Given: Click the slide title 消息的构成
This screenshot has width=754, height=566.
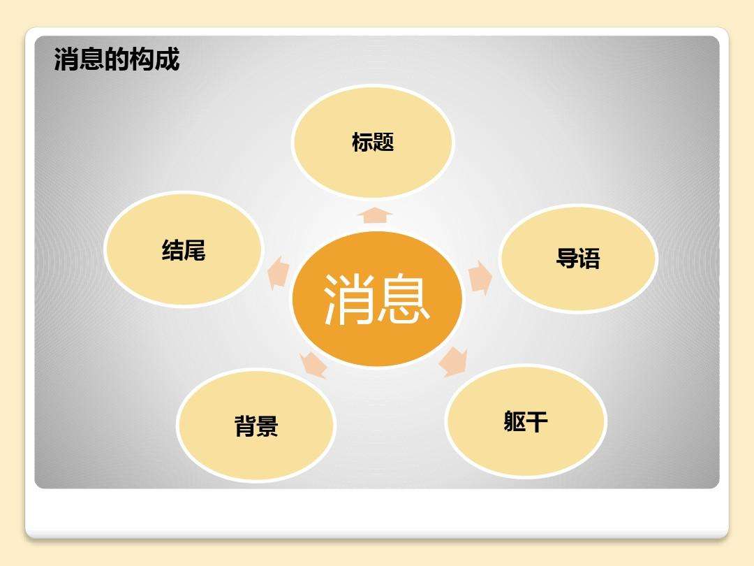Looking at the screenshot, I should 117,59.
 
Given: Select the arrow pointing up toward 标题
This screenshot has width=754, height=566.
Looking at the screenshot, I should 375,215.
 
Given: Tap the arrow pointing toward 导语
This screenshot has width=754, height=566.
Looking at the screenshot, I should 480,277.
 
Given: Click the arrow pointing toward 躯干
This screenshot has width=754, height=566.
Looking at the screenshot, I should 454,361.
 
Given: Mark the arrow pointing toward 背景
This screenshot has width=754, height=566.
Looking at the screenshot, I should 313,364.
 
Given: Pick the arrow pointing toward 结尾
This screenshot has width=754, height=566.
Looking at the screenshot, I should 279,273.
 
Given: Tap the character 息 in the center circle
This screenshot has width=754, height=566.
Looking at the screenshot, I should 404,298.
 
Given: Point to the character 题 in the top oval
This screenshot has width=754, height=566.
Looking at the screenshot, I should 384,142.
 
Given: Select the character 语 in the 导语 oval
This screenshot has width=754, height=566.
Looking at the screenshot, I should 589,259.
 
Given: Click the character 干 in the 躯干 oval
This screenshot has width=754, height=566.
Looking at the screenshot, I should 536,421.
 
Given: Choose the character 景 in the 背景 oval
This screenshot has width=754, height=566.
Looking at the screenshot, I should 267,426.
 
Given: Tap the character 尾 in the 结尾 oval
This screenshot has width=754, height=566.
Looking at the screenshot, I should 195,249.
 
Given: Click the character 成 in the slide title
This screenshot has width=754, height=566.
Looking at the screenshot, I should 168,59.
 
